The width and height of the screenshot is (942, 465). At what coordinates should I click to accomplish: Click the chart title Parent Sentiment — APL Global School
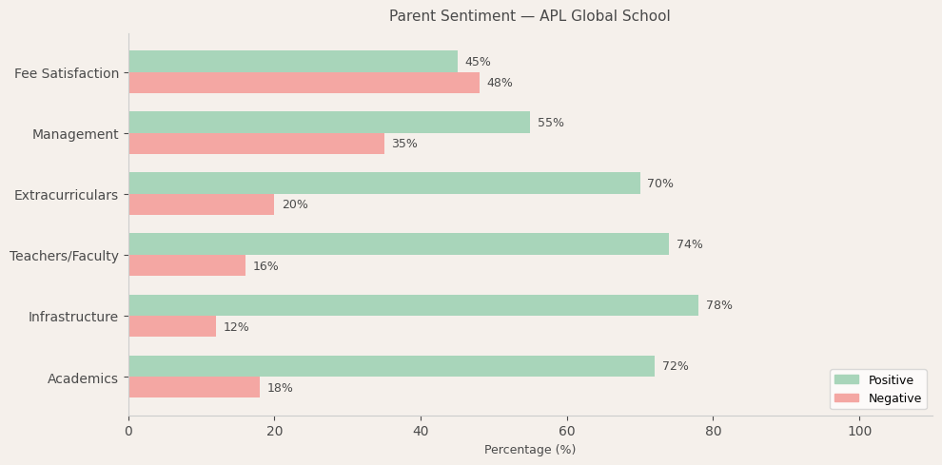click(529, 16)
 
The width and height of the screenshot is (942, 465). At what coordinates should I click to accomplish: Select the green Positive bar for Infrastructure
click(413, 305)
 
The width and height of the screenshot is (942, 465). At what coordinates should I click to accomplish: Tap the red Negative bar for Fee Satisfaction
click(304, 83)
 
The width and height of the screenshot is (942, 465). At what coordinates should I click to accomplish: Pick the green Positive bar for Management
click(329, 123)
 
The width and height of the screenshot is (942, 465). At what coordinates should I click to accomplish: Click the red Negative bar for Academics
click(194, 387)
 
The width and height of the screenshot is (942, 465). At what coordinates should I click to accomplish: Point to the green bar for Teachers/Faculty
click(399, 244)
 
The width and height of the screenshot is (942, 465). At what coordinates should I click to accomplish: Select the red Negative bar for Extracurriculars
click(201, 204)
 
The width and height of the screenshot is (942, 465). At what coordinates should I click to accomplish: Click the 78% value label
click(718, 305)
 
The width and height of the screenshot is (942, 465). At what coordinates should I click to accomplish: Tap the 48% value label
click(500, 83)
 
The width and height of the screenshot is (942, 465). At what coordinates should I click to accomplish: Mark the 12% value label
click(236, 327)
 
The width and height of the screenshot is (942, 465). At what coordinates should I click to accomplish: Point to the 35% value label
click(404, 144)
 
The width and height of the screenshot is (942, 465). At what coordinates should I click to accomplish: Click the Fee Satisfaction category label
click(67, 73)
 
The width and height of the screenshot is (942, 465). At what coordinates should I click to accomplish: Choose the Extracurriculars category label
click(66, 195)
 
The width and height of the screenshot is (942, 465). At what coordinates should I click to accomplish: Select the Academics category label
click(83, 378)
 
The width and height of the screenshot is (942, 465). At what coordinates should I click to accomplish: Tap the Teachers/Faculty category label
click(64, 256)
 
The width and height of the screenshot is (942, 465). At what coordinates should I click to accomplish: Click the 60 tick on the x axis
click(567, 431)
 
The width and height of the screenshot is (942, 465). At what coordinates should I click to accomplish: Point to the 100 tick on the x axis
click(859, 431)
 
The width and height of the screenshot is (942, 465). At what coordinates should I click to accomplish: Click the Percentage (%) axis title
click(530, 450)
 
